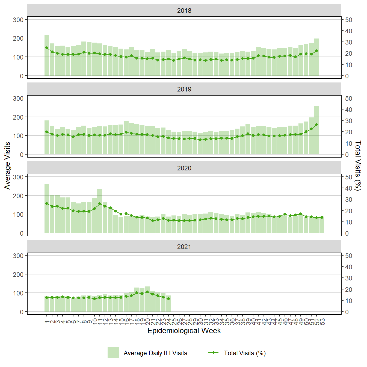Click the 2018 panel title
[184, 11]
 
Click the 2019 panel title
[184, 89]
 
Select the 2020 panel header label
[184, 168]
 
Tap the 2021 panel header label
[184, 247]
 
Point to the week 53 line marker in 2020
[322, 217]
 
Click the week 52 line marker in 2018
[316, 51]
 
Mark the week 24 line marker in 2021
[168, 299]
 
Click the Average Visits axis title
[7, 165]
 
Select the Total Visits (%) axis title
[358, 165]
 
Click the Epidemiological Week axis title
[184, 331]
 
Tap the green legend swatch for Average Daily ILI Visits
[113, 353]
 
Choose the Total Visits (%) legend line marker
[213, 353]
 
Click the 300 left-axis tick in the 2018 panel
[18, 20]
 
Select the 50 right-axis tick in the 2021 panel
[348, 256]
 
